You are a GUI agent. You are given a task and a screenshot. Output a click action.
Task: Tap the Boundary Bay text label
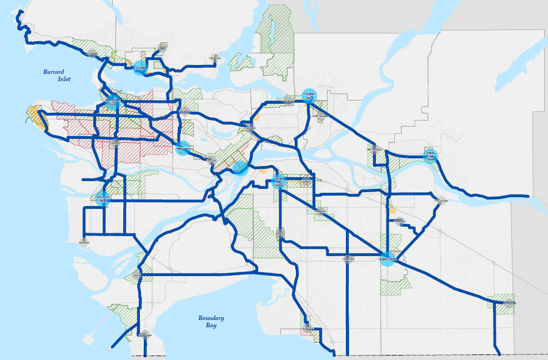pos(211,322)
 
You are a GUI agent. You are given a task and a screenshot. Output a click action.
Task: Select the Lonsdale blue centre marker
pos(140,68)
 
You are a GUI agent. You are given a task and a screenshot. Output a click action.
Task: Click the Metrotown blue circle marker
pos(183,148)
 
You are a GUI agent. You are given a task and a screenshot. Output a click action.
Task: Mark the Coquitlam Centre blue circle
pos(309,96)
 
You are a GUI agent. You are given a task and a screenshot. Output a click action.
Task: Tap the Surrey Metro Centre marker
pos(279,181)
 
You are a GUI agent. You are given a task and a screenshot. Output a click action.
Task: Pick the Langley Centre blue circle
pos(388,259)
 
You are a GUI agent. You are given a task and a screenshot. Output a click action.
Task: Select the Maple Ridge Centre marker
pos(430,156)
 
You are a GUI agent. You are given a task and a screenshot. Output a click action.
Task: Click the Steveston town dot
pos(84,242)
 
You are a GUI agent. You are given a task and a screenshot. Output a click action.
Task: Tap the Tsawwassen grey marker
pos(145,335)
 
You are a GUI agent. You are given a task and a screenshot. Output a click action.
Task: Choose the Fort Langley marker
pos(440,201)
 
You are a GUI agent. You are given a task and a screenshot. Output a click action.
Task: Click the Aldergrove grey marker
pos(510,303)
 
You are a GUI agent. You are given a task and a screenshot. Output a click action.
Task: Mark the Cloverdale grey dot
pos(348,258)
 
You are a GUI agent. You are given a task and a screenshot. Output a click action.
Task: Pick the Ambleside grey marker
pos(92,54)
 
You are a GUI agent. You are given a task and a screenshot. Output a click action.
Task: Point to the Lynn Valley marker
pos(162,47)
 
